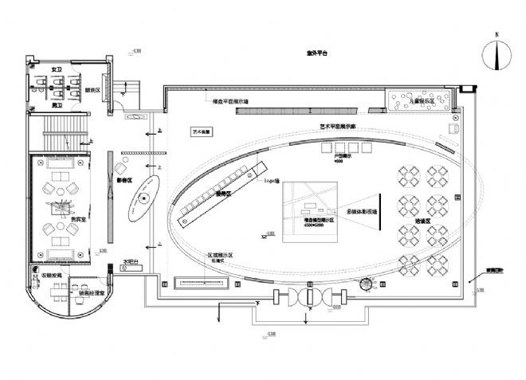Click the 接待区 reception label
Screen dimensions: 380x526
(225, 194)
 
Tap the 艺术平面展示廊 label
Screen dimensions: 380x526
(337, 126)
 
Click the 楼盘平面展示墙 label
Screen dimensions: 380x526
(231, 102)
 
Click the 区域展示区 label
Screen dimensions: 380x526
(219, 247)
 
